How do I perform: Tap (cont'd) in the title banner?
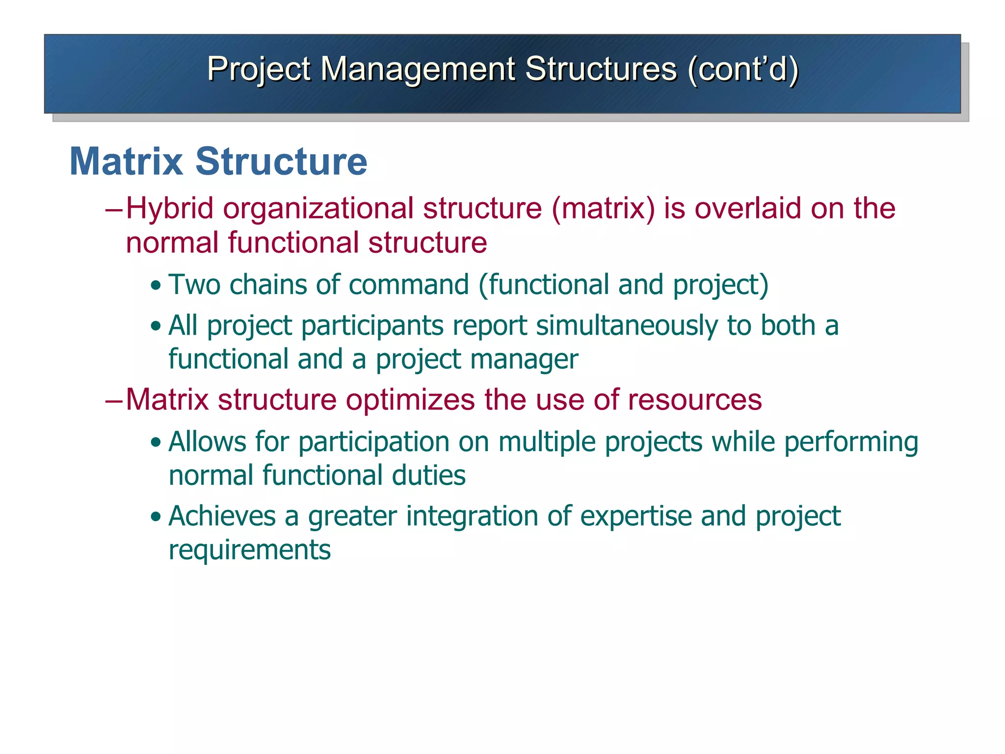[x=743, y=69]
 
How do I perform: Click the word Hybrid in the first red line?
[x=170, y=208]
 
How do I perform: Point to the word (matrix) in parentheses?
[x=603, y=208]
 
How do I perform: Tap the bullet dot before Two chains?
[x=156, y=286]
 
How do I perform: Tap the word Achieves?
[x=222, y=516]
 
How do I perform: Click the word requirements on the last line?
[x=249, y=550]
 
